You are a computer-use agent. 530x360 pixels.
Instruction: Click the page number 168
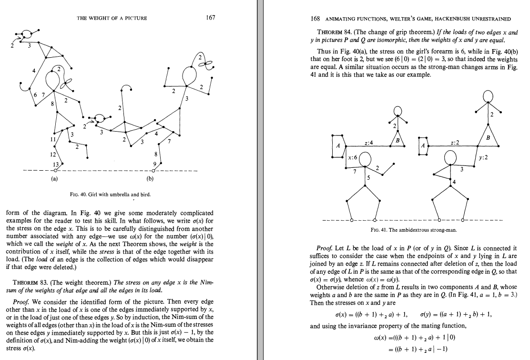tap(315, 19)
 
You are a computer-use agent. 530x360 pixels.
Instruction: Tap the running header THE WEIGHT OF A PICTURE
tap(112, 19)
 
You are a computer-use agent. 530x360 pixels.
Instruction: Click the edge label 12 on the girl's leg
tap(52, 155)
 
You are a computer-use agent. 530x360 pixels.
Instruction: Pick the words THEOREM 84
tap(326, 32)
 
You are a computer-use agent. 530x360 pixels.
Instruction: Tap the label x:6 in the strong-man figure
tap(353, 157)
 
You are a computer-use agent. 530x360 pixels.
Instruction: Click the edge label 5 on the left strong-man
tap(367, 177)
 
